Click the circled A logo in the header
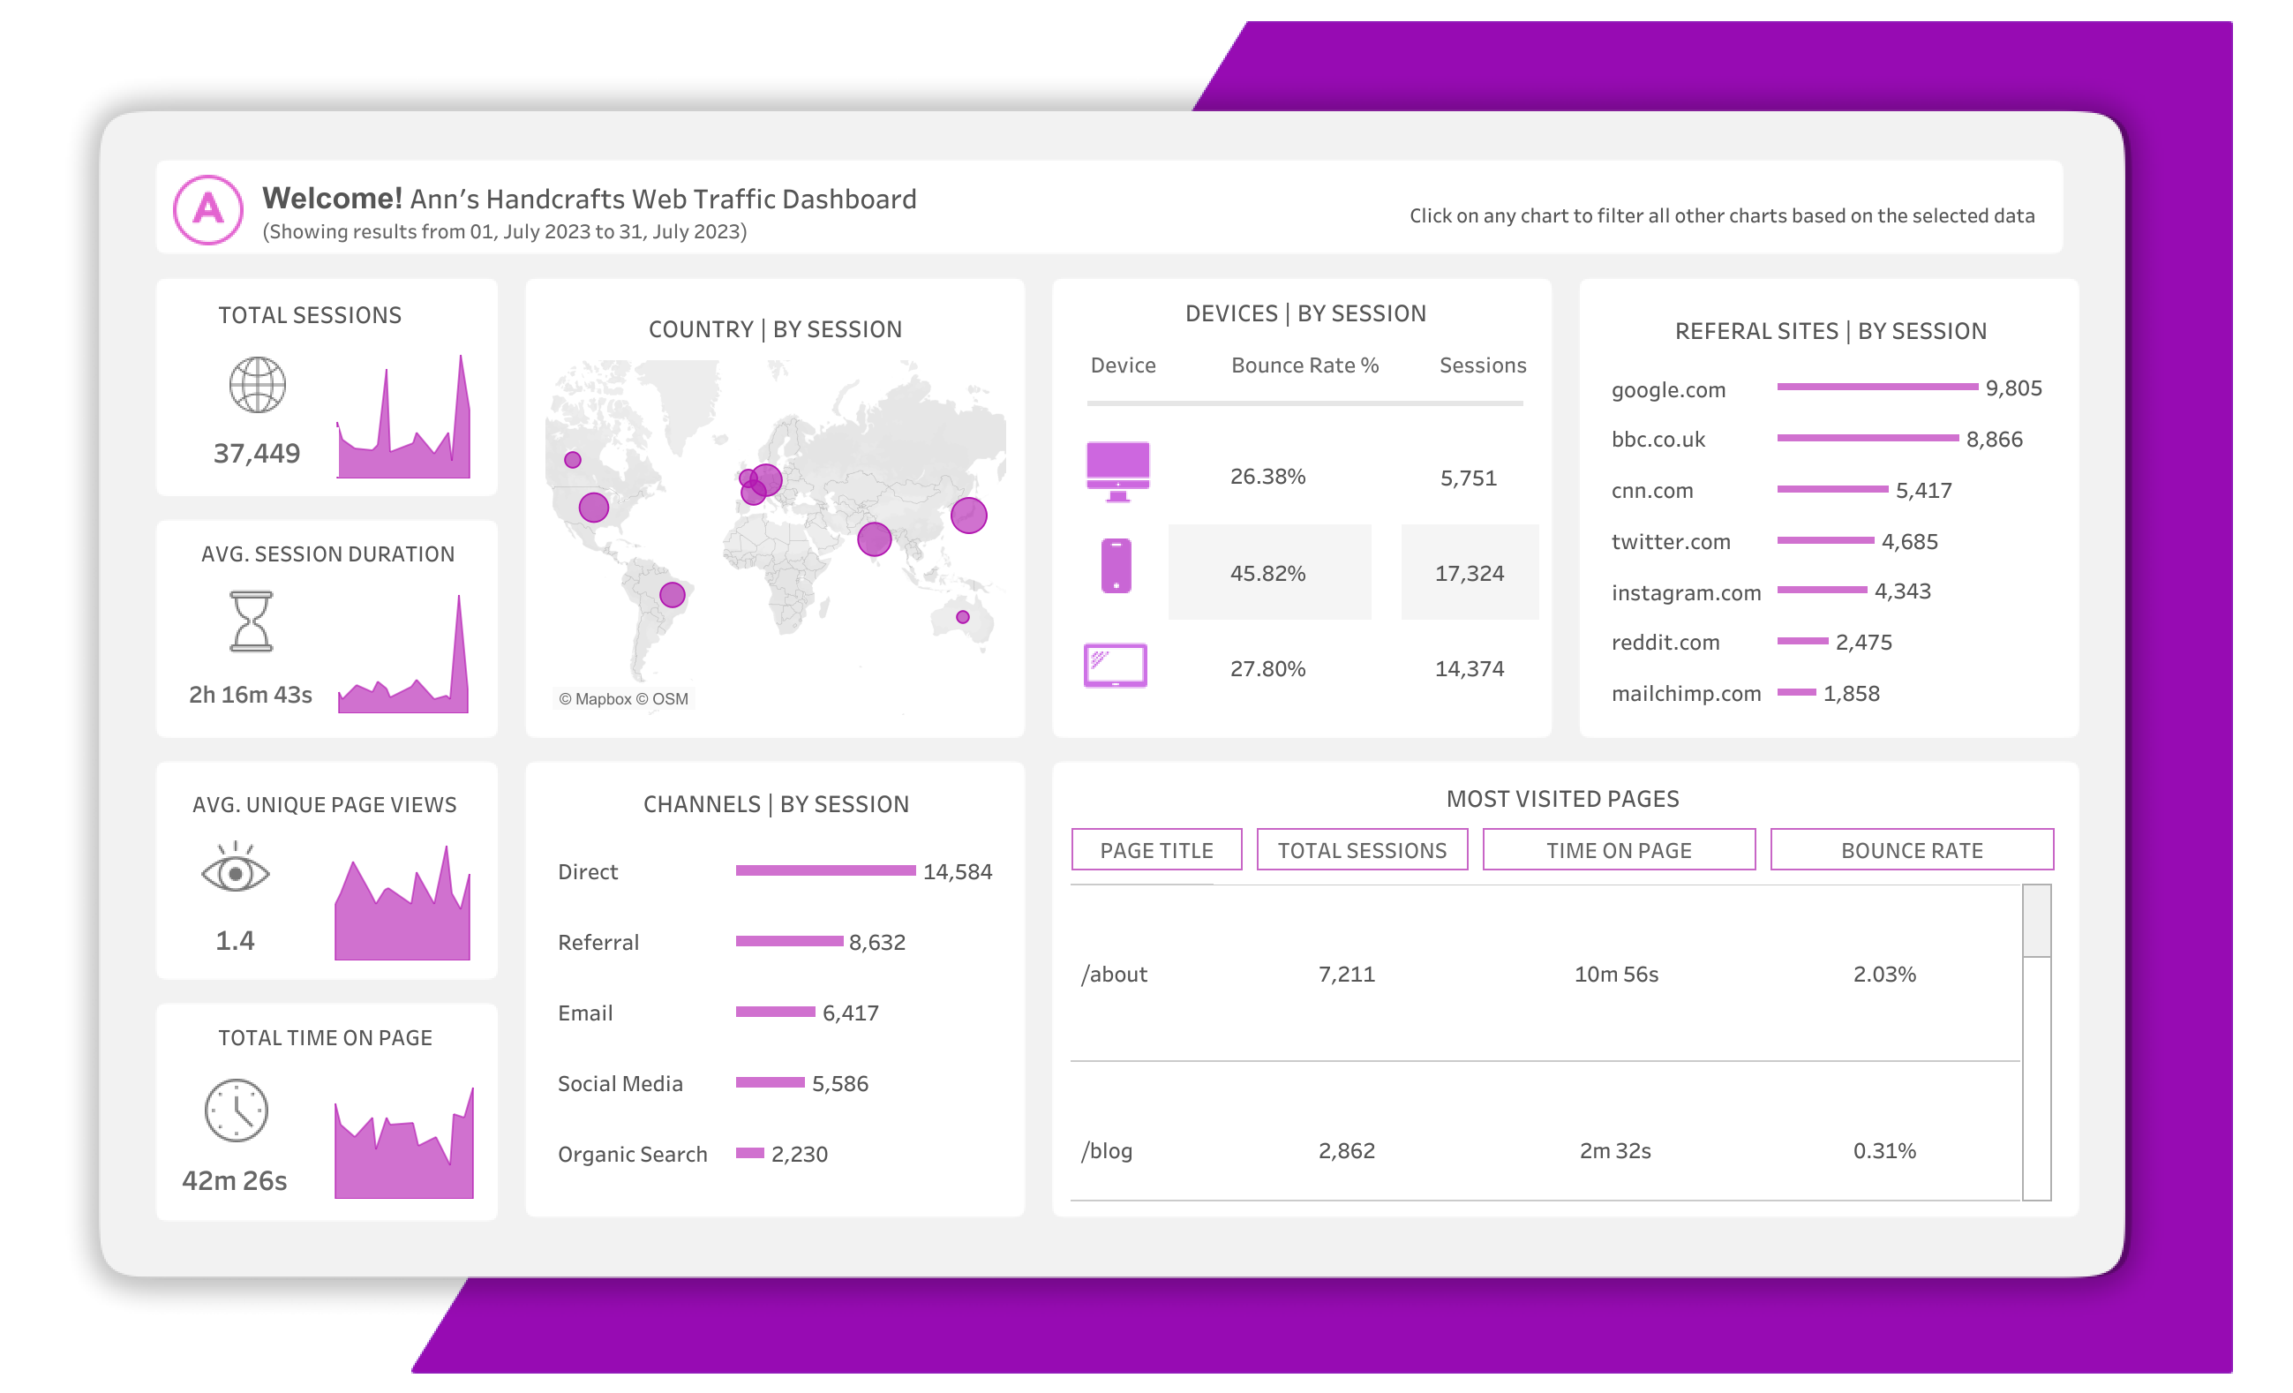click(208, 209)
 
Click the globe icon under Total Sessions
click(258, 384)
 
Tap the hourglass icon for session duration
click(252, 621)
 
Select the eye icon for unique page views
click(236, 871)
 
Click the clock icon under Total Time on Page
click(237, 1111)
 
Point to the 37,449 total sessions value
click(257, 453)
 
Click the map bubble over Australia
click(962, 617)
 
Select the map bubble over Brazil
click(672, 595)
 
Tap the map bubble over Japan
click(968, 515)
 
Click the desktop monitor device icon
click(1117, 470)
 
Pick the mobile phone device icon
click(1116, 565)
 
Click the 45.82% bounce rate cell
click(1267, 573)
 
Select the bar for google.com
click(1876, 386)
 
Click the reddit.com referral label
click(1665, 642)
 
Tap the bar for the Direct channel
click(824, 870)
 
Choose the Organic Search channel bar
click(749, 1153)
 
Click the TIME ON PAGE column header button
click(1619, 849)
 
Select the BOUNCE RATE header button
click(1911, 849)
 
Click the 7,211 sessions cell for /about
click(1346, 975)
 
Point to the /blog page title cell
click(1107, 1151)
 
